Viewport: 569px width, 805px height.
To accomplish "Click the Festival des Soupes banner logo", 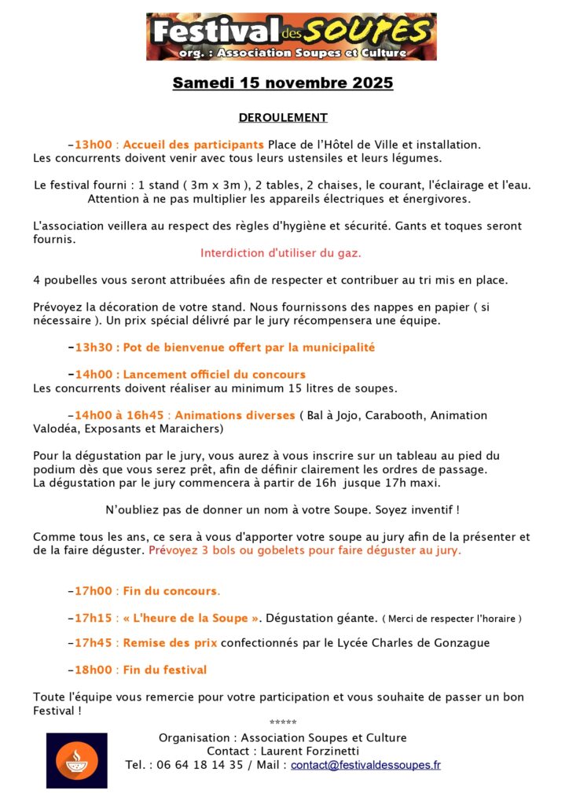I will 291,36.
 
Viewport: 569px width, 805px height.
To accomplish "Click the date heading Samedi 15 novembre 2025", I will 283,83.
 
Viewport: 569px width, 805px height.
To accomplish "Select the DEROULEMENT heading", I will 283,118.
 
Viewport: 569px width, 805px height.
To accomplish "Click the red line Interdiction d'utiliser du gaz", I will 281,253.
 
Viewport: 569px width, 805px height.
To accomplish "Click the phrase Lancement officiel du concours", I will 214,375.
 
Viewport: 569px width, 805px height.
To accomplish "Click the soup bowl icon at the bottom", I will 76,760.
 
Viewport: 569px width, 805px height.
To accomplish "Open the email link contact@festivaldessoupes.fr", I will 365,765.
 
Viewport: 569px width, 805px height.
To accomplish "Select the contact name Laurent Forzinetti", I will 306,752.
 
